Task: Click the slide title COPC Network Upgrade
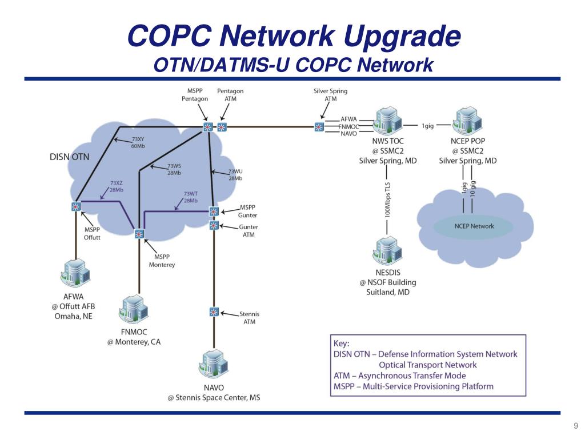[294, 37]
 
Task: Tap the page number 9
[576, 426]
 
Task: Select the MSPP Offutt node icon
[75, 206]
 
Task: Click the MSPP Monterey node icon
[139, 233]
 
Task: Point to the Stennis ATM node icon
[214, 312]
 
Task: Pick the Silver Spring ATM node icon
[319, 126]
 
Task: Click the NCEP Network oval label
[474, 226]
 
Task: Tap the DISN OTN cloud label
[69, 156]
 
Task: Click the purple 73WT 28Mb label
[191, 197]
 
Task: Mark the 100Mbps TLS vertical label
[388, 200]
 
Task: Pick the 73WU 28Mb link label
[235, 174]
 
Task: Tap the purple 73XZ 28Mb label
[117, 186]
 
